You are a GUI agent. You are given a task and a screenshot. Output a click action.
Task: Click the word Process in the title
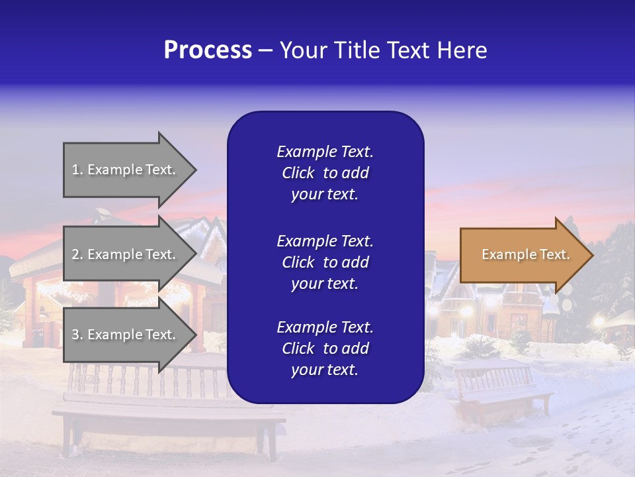coord(208,50)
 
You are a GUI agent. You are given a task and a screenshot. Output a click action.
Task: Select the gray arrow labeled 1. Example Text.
coord(126,170)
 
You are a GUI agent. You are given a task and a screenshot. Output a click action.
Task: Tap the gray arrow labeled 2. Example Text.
coord(126,254)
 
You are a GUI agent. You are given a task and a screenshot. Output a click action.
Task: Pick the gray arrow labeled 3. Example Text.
coord(126,335)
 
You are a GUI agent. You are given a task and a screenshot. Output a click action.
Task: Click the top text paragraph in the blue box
coord(325,173)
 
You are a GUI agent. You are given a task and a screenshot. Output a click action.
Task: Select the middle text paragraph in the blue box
coord(325,262)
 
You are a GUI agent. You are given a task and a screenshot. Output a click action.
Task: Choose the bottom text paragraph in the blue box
coord(325,348)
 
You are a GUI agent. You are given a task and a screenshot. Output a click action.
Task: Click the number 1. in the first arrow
coord(77,170)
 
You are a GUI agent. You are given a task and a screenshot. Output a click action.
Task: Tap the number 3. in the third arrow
coord(77,335)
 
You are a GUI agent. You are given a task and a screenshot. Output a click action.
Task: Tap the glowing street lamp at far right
coord(599,322)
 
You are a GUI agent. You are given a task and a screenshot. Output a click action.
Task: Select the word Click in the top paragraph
coord(298,173)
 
